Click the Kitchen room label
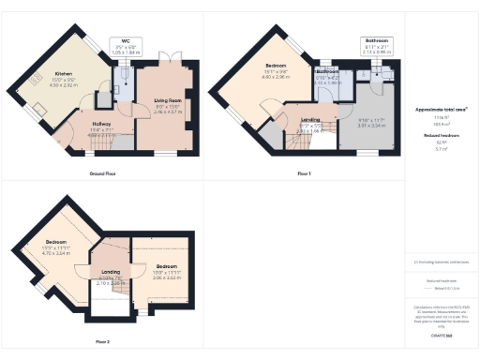(63, 72)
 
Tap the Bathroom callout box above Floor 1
(377, 45)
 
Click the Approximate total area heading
(441, 110)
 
